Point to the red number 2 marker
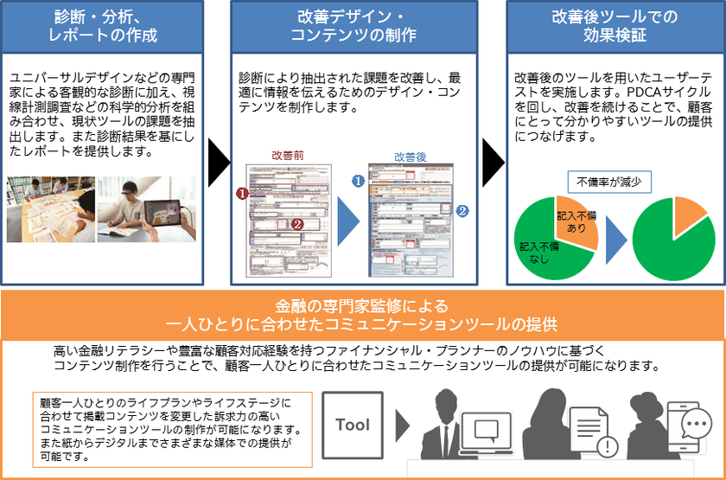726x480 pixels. tap(297, 223)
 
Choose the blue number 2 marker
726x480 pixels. tap(462, 210)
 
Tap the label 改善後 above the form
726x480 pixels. tap(411, 157)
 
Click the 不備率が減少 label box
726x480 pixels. tap(608, 182)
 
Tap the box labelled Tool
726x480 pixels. tap(352, 425)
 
